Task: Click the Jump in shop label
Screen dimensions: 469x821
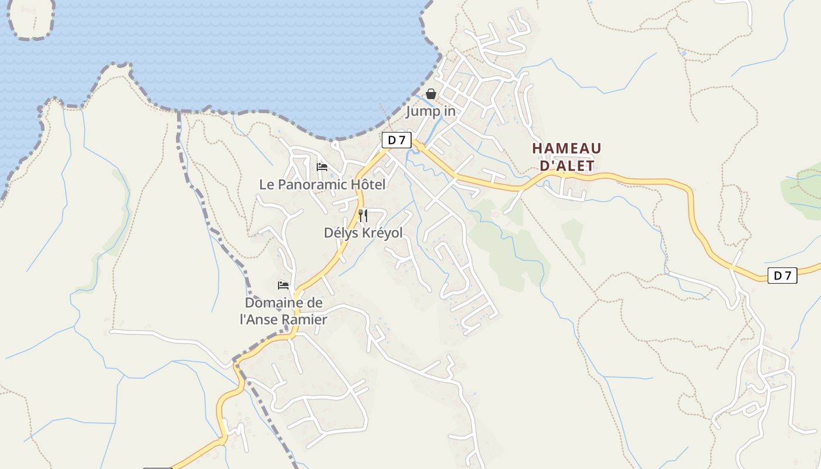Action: tap(431, 111)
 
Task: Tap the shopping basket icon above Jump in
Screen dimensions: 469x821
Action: tap(431, 94)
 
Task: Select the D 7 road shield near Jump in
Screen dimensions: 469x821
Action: tap(396, 140)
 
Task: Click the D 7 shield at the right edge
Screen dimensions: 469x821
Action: tap(782, 275)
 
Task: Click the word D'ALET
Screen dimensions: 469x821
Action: tap(566, 165)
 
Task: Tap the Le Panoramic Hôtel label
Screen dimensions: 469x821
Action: tap(323, 185)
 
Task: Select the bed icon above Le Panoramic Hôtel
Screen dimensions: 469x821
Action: tap(322, 167)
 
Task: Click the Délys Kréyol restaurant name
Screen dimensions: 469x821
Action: tap(364, 233)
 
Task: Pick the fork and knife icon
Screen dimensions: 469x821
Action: tap(363, 216)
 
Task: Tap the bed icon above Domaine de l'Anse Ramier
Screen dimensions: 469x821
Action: tap(283, 286)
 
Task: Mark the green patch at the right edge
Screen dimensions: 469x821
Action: tap(802, 189)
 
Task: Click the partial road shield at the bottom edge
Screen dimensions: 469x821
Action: tap(158, 468)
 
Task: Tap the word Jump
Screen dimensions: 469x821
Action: tap(419, 111)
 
